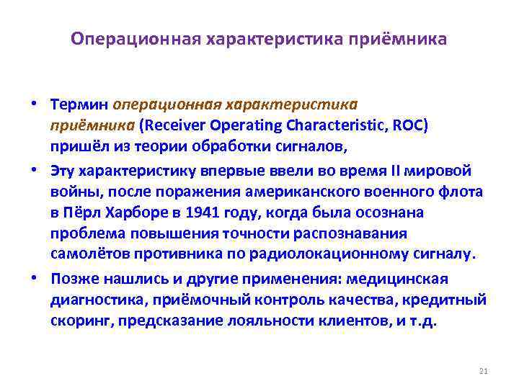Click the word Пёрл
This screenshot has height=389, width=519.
[x=81, y=213]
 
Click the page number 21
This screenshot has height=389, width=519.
[x=484, y=371]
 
